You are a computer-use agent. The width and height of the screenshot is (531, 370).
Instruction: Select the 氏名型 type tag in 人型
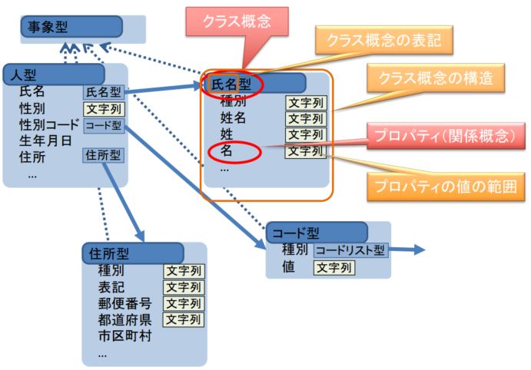[x=104, y=92]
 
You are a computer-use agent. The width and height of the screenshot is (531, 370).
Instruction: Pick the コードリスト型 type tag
[x=350, y=250]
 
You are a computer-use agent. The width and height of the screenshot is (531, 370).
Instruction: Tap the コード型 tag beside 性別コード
[x=104, y=125]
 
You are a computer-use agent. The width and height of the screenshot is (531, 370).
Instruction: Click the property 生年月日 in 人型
[x=45, y=140]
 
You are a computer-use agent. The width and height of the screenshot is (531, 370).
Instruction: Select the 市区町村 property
[x=124, y=336]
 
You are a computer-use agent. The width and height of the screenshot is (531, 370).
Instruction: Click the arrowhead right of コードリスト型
[x=419, y=249]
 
